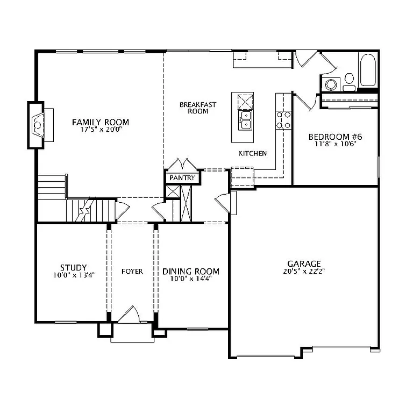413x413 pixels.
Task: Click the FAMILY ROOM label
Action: (101, 123)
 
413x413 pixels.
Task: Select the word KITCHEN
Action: (252, 154)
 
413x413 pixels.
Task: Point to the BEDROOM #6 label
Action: (333, 137)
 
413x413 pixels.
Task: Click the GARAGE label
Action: (304, 264)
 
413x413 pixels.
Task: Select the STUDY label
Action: (73, 267)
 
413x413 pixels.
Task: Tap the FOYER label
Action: (132, 272)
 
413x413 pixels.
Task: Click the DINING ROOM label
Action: (191, 272)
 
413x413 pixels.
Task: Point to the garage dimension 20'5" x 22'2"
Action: (304, 271)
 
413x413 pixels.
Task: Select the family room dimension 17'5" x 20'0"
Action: (101, 130)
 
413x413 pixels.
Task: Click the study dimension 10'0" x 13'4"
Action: (73, 275)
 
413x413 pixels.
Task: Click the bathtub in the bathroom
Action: (368, 70)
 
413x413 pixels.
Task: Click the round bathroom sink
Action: (331, 84)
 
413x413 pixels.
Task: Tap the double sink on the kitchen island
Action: (246, 120)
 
